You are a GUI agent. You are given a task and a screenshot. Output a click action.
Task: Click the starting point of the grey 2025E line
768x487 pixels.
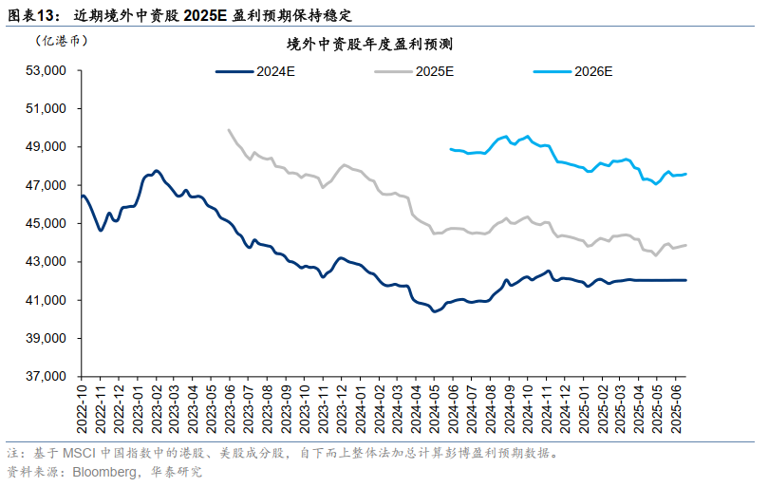[229, 130]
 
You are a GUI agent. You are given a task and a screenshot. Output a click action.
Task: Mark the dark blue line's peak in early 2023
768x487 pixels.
[156, 171]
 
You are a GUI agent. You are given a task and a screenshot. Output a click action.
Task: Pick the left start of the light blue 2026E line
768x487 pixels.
[450, 149]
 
